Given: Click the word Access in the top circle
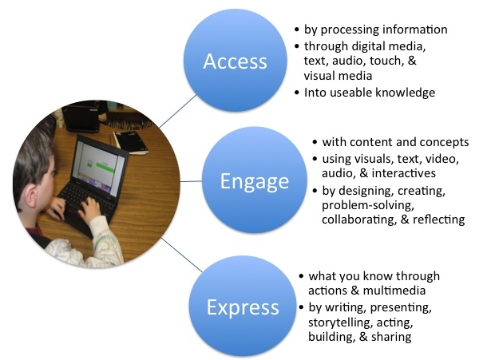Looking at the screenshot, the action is pyautogui.click(x=235, y=61).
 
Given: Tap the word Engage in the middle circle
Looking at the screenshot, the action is pyautogui.click(x=255, y=181).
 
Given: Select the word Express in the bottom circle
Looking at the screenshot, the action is pyautogui.click(x=243, y=307).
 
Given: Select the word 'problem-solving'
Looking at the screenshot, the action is pyautogui.click(x=368, y=205).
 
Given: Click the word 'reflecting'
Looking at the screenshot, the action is pyautogui.click(x=438, y=220).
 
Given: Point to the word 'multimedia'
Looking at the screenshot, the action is pyautogui.click(x=394, y=291).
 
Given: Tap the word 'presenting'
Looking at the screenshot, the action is pyautogui.click(x=401, y=307).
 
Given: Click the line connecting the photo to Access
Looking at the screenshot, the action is pyautogui.click(x=178, y=111).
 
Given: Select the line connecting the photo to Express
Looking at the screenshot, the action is pyautogui.click(x=182, y=255).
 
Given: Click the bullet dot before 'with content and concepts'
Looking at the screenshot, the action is pyautogui.click(x=315, y=142).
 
